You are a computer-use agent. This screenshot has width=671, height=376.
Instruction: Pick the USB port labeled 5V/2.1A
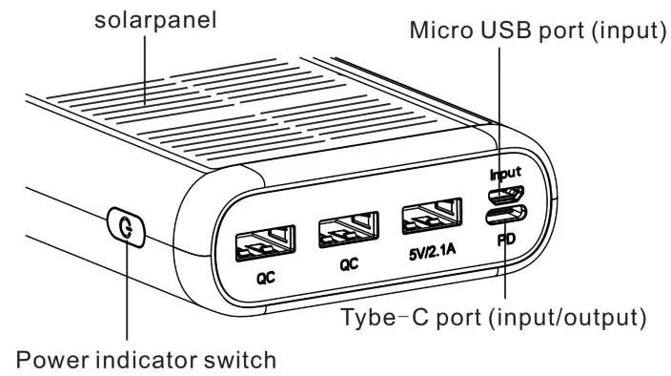pyautogui.click(x=431, y=219)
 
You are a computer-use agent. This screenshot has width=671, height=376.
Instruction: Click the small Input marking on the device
pyautogui.click(x=505, y=175)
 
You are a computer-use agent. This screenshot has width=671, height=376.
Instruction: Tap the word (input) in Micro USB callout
pyautogui.click(x=626, y=31)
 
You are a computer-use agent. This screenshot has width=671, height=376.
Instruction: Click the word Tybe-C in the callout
pyautogui.click(x=379, y=316)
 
